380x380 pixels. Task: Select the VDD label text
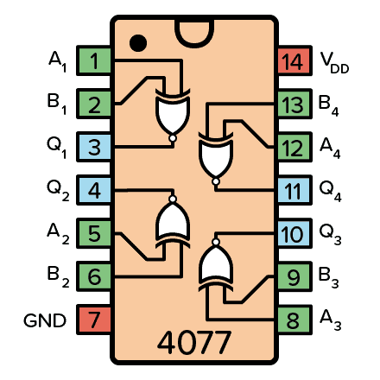(334, 62)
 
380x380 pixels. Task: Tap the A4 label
(331, 149)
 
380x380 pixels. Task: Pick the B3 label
(331, 278)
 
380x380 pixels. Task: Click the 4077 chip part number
(193, 343)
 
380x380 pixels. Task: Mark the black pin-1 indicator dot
(136, 41)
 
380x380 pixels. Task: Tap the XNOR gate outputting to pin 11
(214, 153)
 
